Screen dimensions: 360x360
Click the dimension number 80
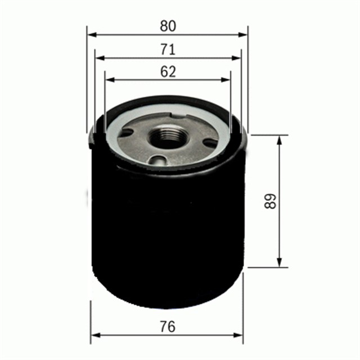168,26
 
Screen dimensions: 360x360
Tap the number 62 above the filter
168,71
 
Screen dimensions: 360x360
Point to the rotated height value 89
271,202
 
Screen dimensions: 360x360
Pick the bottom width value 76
167,326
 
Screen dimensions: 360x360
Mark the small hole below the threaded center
159,161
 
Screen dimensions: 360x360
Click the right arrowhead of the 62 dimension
227,79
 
